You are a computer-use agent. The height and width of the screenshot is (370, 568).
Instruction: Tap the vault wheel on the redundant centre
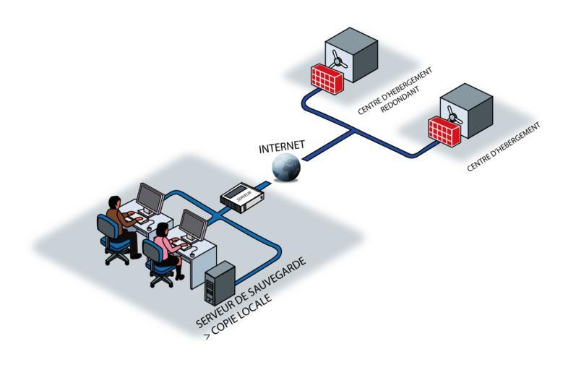pyautogui.click(x=342, y=51)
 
